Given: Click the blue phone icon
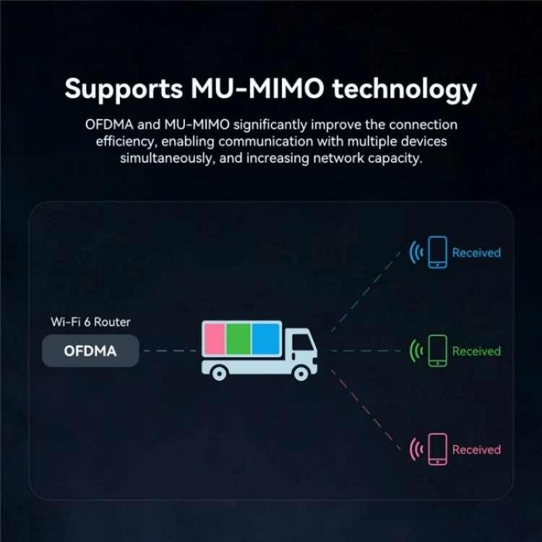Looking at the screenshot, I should tap(437, 252).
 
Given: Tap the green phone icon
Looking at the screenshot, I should tap(437, 351).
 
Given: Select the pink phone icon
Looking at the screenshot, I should tap(437, 449).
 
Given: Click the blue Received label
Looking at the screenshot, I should tap(476, 253).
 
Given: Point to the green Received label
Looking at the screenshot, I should tap(476, 351).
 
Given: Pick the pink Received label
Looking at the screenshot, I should tap(476, 449).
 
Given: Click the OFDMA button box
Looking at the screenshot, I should tap(90, 352).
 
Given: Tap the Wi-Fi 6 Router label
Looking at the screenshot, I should tap(90, 322).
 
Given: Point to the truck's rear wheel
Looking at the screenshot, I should tap(220, 372).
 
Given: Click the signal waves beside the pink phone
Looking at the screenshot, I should tap(416, 450).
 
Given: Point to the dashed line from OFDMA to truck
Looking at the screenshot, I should tap(168, 352).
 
